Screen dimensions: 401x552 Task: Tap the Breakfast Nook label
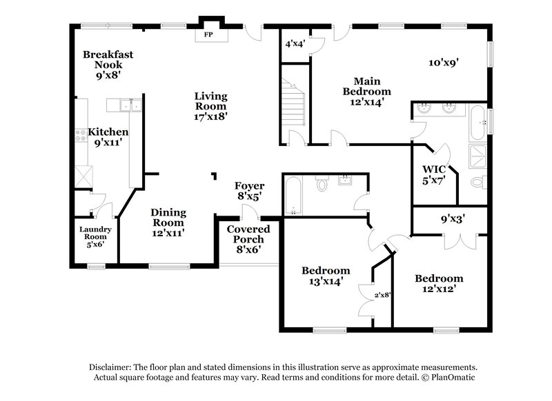tap(108, 65)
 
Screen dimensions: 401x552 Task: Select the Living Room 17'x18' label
tap(210, 106)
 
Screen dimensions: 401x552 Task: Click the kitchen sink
tap(124, 105)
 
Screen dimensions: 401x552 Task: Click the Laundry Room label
tap(95, 236)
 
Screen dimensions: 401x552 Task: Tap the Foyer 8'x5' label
tap(249, 191)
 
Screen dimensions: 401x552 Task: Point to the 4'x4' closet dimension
tap(295, 43)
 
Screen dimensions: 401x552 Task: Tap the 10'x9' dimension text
tap(443, 62)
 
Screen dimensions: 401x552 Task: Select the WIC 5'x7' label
tap(433, 174)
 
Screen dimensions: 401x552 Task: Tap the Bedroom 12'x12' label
tap(438, 283)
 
